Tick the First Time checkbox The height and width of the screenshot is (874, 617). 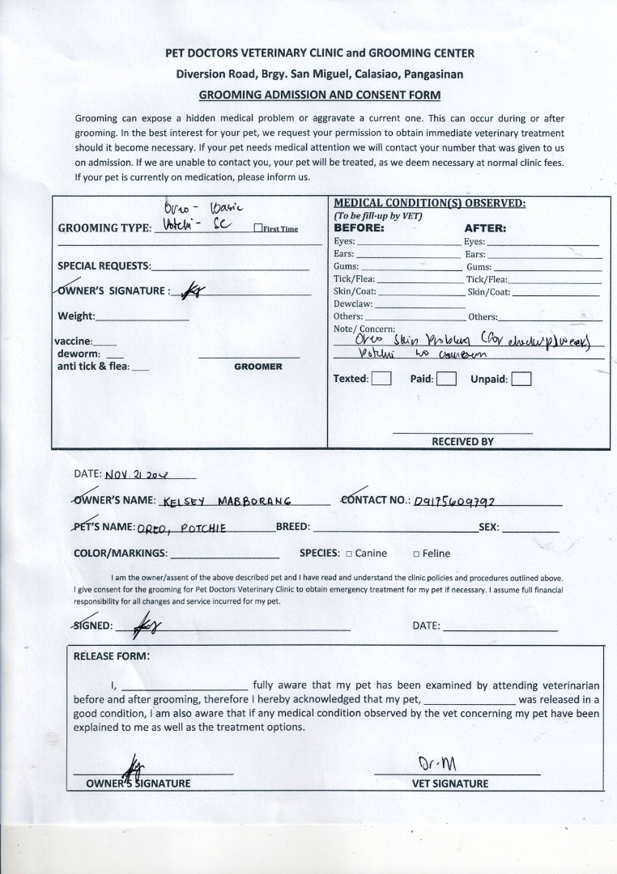[x=257, y=229]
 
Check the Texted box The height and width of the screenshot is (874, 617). [x=381, y=379]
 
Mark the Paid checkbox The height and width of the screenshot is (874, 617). [x=446, y=379]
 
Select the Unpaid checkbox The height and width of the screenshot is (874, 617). [x=521, y=379]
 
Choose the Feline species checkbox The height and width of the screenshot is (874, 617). [x=416, y=554]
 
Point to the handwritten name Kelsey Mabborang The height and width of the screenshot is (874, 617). [x=226, y=502]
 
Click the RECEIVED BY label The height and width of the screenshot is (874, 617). [x=462, y=442]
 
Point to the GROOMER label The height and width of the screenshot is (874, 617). [x=258, y=367]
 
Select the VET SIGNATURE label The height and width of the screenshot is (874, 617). [x=450, y=783]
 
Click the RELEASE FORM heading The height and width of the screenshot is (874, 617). [x=111, y=656]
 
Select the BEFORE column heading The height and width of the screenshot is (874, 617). [x=359, y=228]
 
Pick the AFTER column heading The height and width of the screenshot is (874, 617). [x=485, y=228]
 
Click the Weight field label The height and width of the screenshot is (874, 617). [x=76, y=316]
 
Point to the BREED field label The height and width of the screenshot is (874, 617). [x=293, y=527]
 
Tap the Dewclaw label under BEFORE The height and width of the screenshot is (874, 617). [x=353, y=304]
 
